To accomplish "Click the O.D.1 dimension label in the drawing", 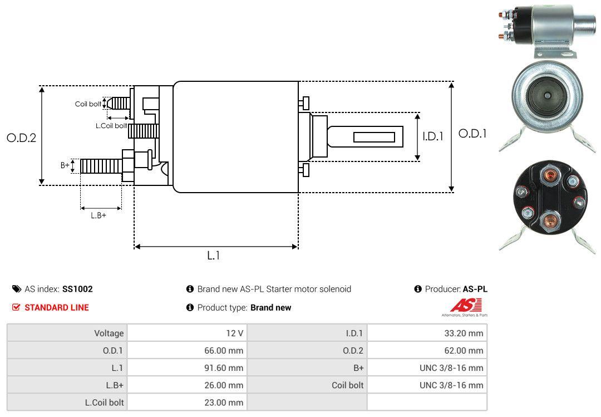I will pyautogui.click(x=472, y=134).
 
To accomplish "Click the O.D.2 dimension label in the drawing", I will pyautogui.click(x=21, y=138).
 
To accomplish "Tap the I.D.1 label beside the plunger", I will pyautogui.click(x=432, y=136).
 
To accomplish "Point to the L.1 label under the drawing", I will pyautogui.click(x=214, y=256).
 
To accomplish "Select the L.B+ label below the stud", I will pyautogui.click(x=98, y=215).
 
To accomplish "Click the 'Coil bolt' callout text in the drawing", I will pyautogui.click(x=88, y=104).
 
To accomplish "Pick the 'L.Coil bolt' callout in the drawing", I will pyautogui.click(x=111, y=126).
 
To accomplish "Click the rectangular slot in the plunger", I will pyautogui.click(x=375, y=137).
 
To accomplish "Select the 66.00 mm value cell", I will pyautogui.click(x=224, y=351).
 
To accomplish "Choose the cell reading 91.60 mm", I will pyautogui.click(x=224, y=368).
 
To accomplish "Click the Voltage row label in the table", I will pyautogui.click(x=109, y=333).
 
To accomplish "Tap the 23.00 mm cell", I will pyautogui.click(x=224, y=403).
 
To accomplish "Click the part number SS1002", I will pyautogui.click(x=77, y=289).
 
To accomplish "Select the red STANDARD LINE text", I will pyautogui.click(x=56, y=307).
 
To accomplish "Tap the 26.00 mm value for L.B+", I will pyautogui.click(x=224, y=385).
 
